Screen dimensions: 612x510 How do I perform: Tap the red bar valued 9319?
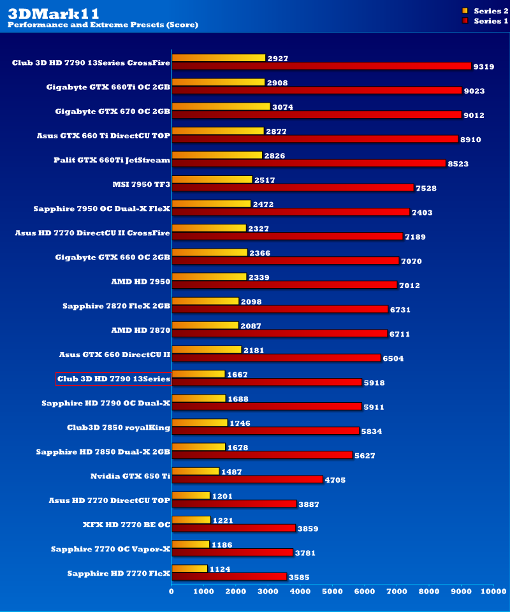[x=321, y=66]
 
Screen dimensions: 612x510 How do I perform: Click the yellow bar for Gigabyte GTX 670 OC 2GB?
[x=221, y=106]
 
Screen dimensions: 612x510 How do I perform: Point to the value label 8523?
[x=458, y=164]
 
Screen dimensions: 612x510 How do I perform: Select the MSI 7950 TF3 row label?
[x=141, y=184]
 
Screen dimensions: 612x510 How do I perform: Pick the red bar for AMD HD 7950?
[x=284, y=285]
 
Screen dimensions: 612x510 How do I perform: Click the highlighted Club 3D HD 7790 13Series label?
[x=113, y=379]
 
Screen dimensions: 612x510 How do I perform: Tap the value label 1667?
[x=237, y=375]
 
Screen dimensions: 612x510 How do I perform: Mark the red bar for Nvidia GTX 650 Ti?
[x=247, y=479]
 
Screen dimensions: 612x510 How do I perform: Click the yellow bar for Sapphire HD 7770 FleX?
[x=189, y=568]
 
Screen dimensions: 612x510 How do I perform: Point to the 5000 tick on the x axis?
[x=332, y=592]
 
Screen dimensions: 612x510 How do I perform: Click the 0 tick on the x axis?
[x=171, y=592]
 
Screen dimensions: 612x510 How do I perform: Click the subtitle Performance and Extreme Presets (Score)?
[x=103, y=25]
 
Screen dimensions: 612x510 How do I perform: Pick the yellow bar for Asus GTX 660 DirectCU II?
[x=207, y=349]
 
